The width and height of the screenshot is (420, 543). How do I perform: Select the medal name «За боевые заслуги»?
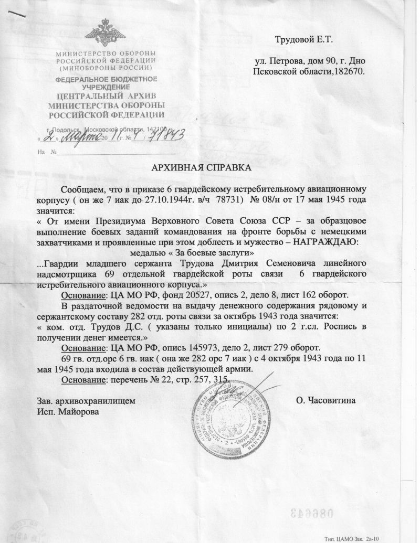201,252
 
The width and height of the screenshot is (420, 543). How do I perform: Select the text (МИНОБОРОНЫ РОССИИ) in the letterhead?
106,68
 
